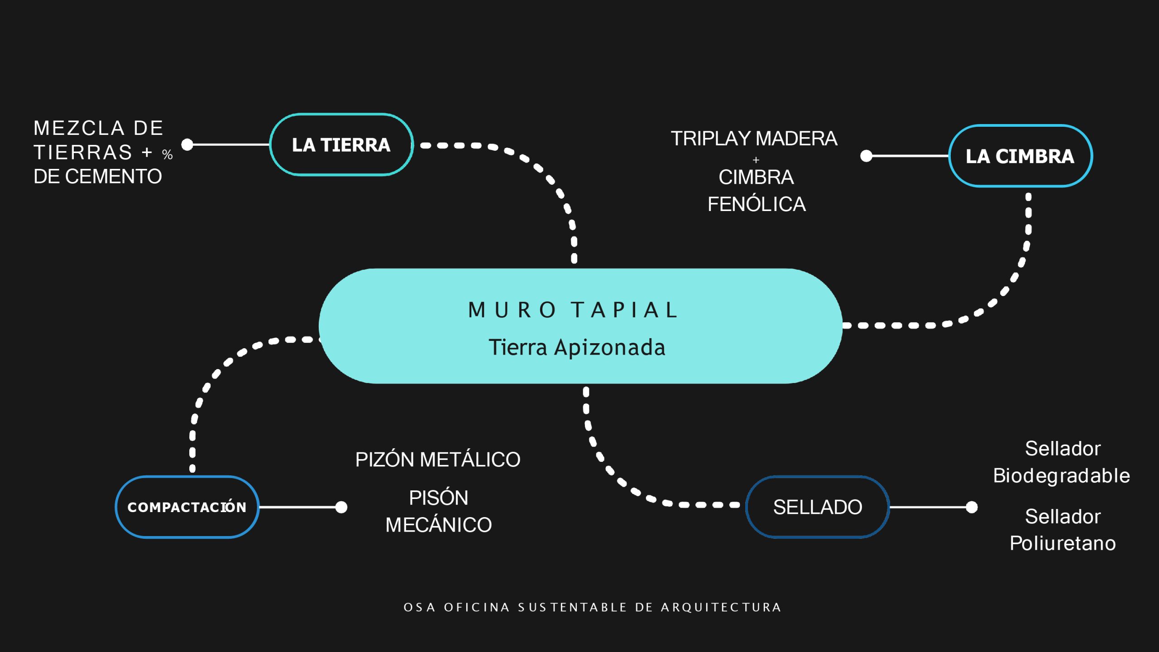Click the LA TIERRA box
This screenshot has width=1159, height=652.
[x=341, y=145]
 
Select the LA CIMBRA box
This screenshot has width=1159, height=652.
[x=1020, y=156]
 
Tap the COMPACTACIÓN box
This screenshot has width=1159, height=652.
[x=187, y=507]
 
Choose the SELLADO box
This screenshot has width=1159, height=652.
[x=817, y=507]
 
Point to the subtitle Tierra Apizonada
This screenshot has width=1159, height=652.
[x=577, y=348]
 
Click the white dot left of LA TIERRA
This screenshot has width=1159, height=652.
[x=187, y=144]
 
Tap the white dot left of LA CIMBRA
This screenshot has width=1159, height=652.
[x=866, y=156]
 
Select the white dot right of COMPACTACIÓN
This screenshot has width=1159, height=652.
[x=341, y=507]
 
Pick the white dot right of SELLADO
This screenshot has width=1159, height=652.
[x=972, y=507]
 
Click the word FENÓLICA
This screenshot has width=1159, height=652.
[x=757, y=204]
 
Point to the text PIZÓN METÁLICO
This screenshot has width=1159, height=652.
[x=438, y=460]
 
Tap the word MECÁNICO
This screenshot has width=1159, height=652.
[x=438, y=525]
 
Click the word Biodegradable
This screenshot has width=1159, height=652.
[x=1062, y=476]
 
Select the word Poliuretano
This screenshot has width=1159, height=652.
[x=1063, y=543]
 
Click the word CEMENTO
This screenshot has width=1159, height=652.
[x=113, y=177]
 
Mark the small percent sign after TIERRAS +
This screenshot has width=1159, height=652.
[x=168, y=155]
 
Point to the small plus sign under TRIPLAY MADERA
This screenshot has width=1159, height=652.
[x=756, y=160]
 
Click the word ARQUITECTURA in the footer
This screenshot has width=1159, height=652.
[x=721, y=607]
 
